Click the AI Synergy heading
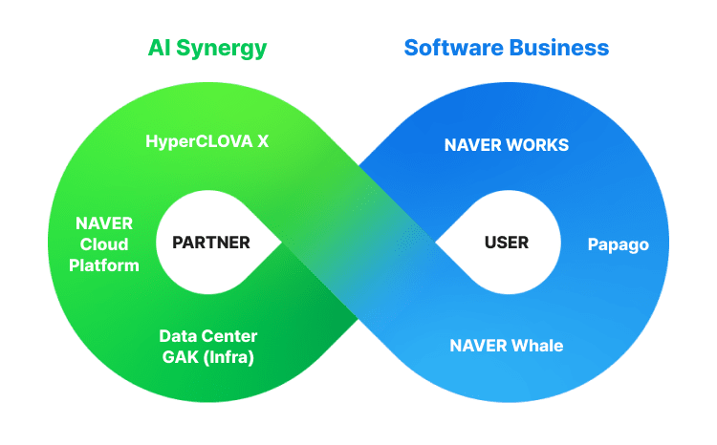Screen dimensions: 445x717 207,48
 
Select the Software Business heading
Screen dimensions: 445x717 507,48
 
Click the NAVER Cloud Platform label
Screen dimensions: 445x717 107,244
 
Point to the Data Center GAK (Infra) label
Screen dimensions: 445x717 207,347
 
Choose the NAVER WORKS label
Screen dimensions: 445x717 507,145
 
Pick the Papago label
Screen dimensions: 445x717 618,244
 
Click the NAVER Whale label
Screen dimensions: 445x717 507,345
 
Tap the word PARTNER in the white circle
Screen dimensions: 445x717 211,243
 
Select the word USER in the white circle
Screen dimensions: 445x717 507,243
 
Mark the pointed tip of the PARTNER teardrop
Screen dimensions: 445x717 281,243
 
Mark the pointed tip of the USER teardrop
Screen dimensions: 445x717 437,243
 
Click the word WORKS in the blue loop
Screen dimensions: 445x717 538,145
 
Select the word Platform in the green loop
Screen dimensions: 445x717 107,265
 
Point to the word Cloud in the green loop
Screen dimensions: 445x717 106,244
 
